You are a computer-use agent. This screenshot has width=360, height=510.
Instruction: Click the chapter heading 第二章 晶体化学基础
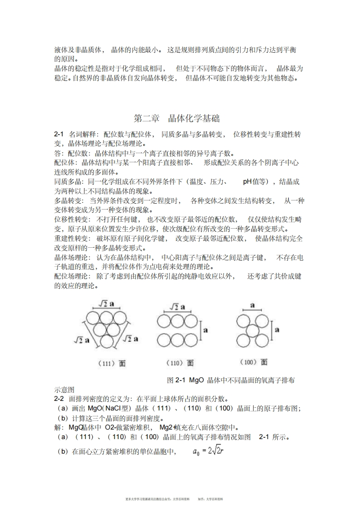pyautogui.click(x=177, y=119)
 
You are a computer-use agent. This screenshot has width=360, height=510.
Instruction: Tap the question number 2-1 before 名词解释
pyautogui.click(x=59, y=135)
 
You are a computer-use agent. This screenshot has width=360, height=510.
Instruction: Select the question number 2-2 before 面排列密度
pyautogui.click(x=59, y=398)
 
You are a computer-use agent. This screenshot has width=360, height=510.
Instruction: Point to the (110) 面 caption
pyautogui.click(x=181, y=363)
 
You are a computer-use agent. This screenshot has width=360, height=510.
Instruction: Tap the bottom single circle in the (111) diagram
pyautogui.click(x=107, y=341)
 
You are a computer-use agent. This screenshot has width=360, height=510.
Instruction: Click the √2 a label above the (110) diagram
pyautogui.click(x=177, y=308)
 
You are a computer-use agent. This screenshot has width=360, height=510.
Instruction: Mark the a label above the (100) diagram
pyautogui.click(x=253, y=306)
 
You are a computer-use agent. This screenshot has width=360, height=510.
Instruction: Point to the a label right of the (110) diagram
pyautogui.click(x=205, y=330)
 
